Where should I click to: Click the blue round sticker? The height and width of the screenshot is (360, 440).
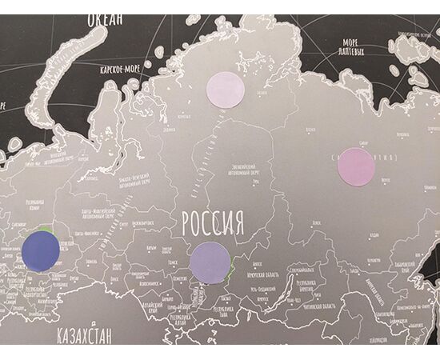point(42,250)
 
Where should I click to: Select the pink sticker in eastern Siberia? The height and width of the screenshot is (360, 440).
point(356,167)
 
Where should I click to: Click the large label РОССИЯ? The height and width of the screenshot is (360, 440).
point(212,222)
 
